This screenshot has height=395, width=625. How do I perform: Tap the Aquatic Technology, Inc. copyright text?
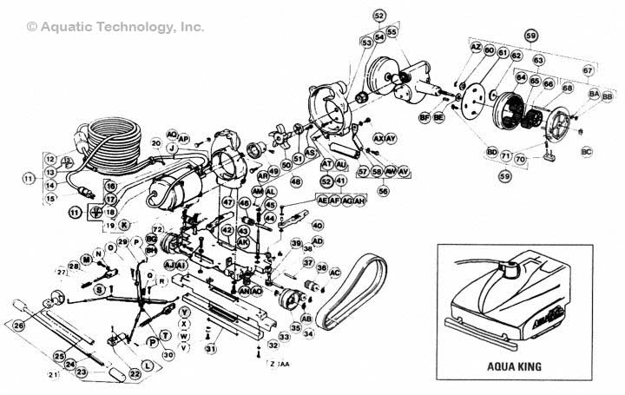point(116,27)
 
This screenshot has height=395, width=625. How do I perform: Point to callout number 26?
point(18,326)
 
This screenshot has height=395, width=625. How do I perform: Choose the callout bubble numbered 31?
point(210,348)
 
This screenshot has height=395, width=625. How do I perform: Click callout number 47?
point(228,202)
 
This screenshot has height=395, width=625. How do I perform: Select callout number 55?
point(392,32)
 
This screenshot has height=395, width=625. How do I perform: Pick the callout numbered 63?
point(538,60)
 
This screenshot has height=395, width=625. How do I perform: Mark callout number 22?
point(135,373)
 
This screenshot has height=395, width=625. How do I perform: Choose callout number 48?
point(296,181)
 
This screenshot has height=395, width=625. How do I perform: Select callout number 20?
point(156,142)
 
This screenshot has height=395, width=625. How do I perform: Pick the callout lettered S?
point(99,288)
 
